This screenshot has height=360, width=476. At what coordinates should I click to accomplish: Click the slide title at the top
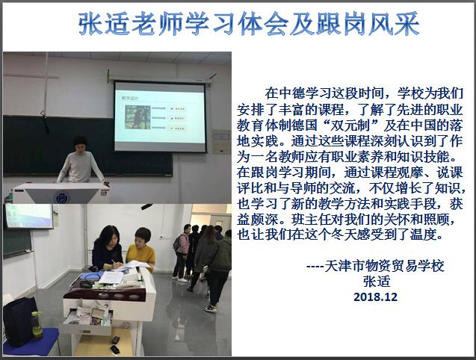tap(249, 24)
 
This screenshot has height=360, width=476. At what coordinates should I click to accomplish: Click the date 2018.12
tap(376, 297)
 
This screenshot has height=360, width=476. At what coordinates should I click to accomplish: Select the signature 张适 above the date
tap(377, 282)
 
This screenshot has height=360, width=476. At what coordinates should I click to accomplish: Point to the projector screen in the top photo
tap(160, 117)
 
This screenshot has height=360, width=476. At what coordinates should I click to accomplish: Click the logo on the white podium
tap(62, 197)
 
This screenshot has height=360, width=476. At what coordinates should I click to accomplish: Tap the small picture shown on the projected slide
tap(137, 117)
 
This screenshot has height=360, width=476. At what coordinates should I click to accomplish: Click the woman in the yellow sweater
tap(140, 249)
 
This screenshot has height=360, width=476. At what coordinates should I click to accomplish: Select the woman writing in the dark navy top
tap(108, 248)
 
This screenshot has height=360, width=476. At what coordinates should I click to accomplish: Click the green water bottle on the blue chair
tap(37, 325)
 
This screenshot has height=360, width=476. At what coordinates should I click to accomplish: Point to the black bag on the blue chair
tap(19, 321)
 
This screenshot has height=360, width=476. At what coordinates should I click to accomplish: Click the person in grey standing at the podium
tap(80, 160)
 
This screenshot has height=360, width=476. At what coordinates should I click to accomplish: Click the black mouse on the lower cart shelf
tap(115, 340)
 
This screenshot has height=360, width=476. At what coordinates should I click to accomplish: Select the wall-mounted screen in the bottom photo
tap(29, 216)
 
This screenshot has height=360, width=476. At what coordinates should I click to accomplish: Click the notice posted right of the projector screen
tap(220, 141)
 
